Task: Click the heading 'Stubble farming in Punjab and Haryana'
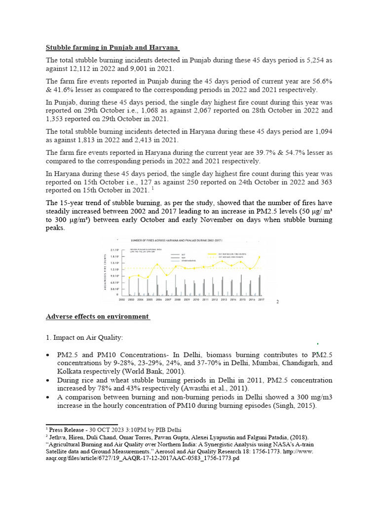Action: click(x=113, y=48)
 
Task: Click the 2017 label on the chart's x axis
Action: click(x=261, y=299)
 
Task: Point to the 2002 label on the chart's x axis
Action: click(x=121, y=299)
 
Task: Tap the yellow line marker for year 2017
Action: click(x=260, y=257)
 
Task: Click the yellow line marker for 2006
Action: click(x=157, y=264)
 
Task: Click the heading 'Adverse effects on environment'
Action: click(x=98, y=316)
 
